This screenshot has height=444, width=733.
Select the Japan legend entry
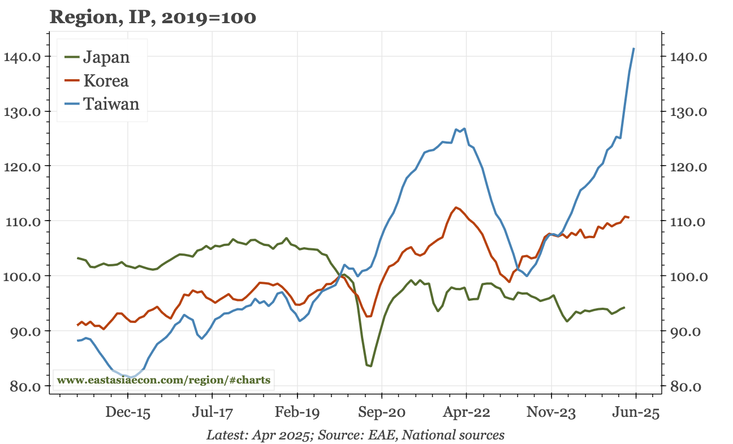coord(106,57)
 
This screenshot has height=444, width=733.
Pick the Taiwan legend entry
coord(110,104)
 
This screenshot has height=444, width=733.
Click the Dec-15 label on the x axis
coord(128,413)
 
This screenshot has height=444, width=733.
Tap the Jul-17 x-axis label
coord(212,413)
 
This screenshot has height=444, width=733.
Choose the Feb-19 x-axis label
coord(297,413)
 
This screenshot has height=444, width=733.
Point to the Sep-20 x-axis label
coord(382,413)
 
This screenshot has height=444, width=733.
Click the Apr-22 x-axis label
coord(467,413)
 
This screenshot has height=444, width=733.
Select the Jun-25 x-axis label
coord(636,413)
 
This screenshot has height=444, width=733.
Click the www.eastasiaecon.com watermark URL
coord(164,380)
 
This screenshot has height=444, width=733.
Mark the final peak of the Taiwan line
coord(633,49)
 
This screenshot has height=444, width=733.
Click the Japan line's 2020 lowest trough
coord(370,366)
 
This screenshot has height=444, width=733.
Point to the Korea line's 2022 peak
coord(456,208)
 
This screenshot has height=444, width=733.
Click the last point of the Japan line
coord(624,307)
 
